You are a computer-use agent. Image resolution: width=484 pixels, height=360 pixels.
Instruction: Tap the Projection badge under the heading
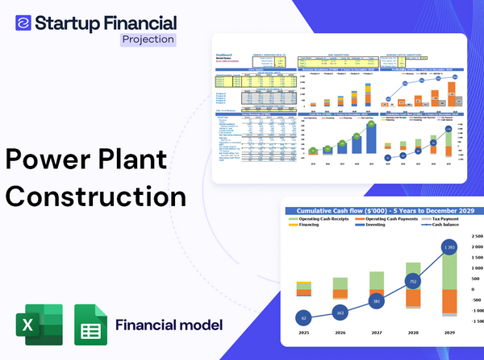[x=147, y=39]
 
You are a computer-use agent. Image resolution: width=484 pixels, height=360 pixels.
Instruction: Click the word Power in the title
[x=50, y=157]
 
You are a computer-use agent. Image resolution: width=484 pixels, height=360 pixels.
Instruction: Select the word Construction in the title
[x=96, y=196]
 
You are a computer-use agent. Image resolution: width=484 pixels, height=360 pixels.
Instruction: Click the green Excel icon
[x=39, y=325]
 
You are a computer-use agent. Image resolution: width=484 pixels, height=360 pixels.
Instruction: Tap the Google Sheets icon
[x=90, y=325]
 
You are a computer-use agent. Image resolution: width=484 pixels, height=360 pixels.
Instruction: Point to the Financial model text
[x=169, y=325]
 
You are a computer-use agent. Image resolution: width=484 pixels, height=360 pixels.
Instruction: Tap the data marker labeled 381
[x=377, y=301]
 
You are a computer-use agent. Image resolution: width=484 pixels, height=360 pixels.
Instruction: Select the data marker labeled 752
[x=413, y=282]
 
